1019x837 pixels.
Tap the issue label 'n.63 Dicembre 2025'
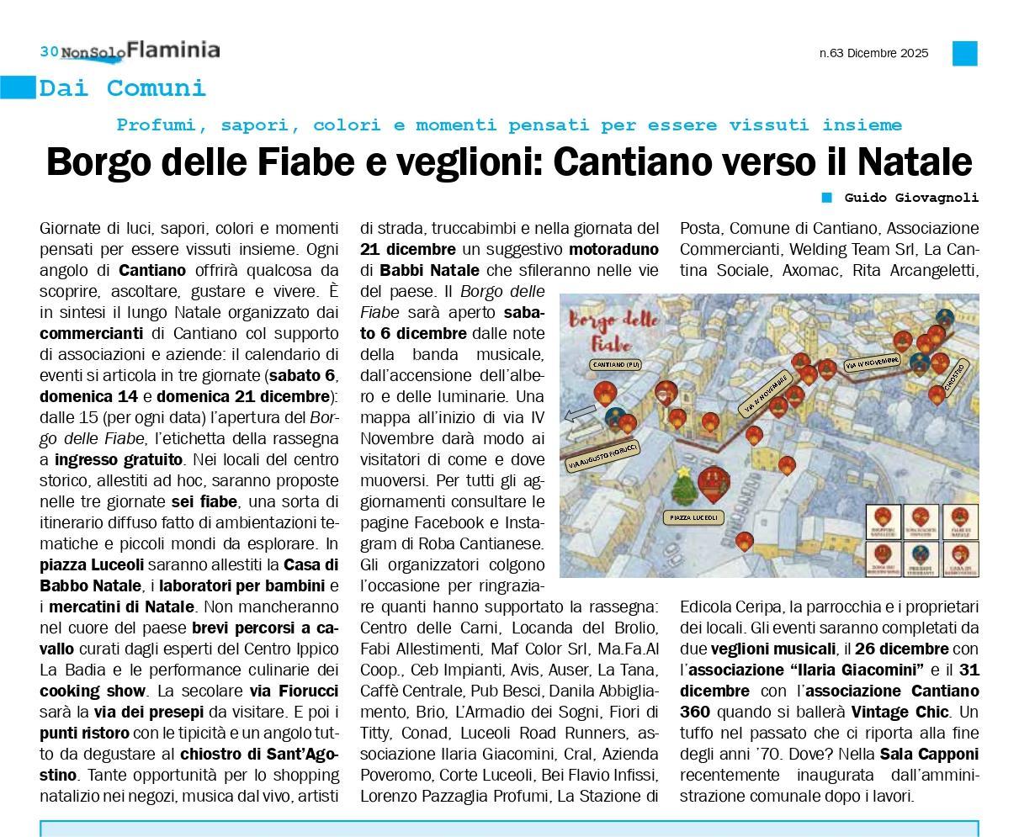873,53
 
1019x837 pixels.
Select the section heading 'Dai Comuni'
122,87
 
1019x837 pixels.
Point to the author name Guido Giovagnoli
911,198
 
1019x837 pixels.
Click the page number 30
49,51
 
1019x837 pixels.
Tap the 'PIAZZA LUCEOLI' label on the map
694,518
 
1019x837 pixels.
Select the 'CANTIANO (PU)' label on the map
617,364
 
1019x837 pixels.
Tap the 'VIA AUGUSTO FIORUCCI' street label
602,455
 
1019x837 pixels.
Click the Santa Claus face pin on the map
666,391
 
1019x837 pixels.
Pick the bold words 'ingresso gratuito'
119,460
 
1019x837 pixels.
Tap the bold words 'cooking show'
93,691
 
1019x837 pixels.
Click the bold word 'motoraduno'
613,249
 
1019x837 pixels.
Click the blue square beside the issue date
964,53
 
